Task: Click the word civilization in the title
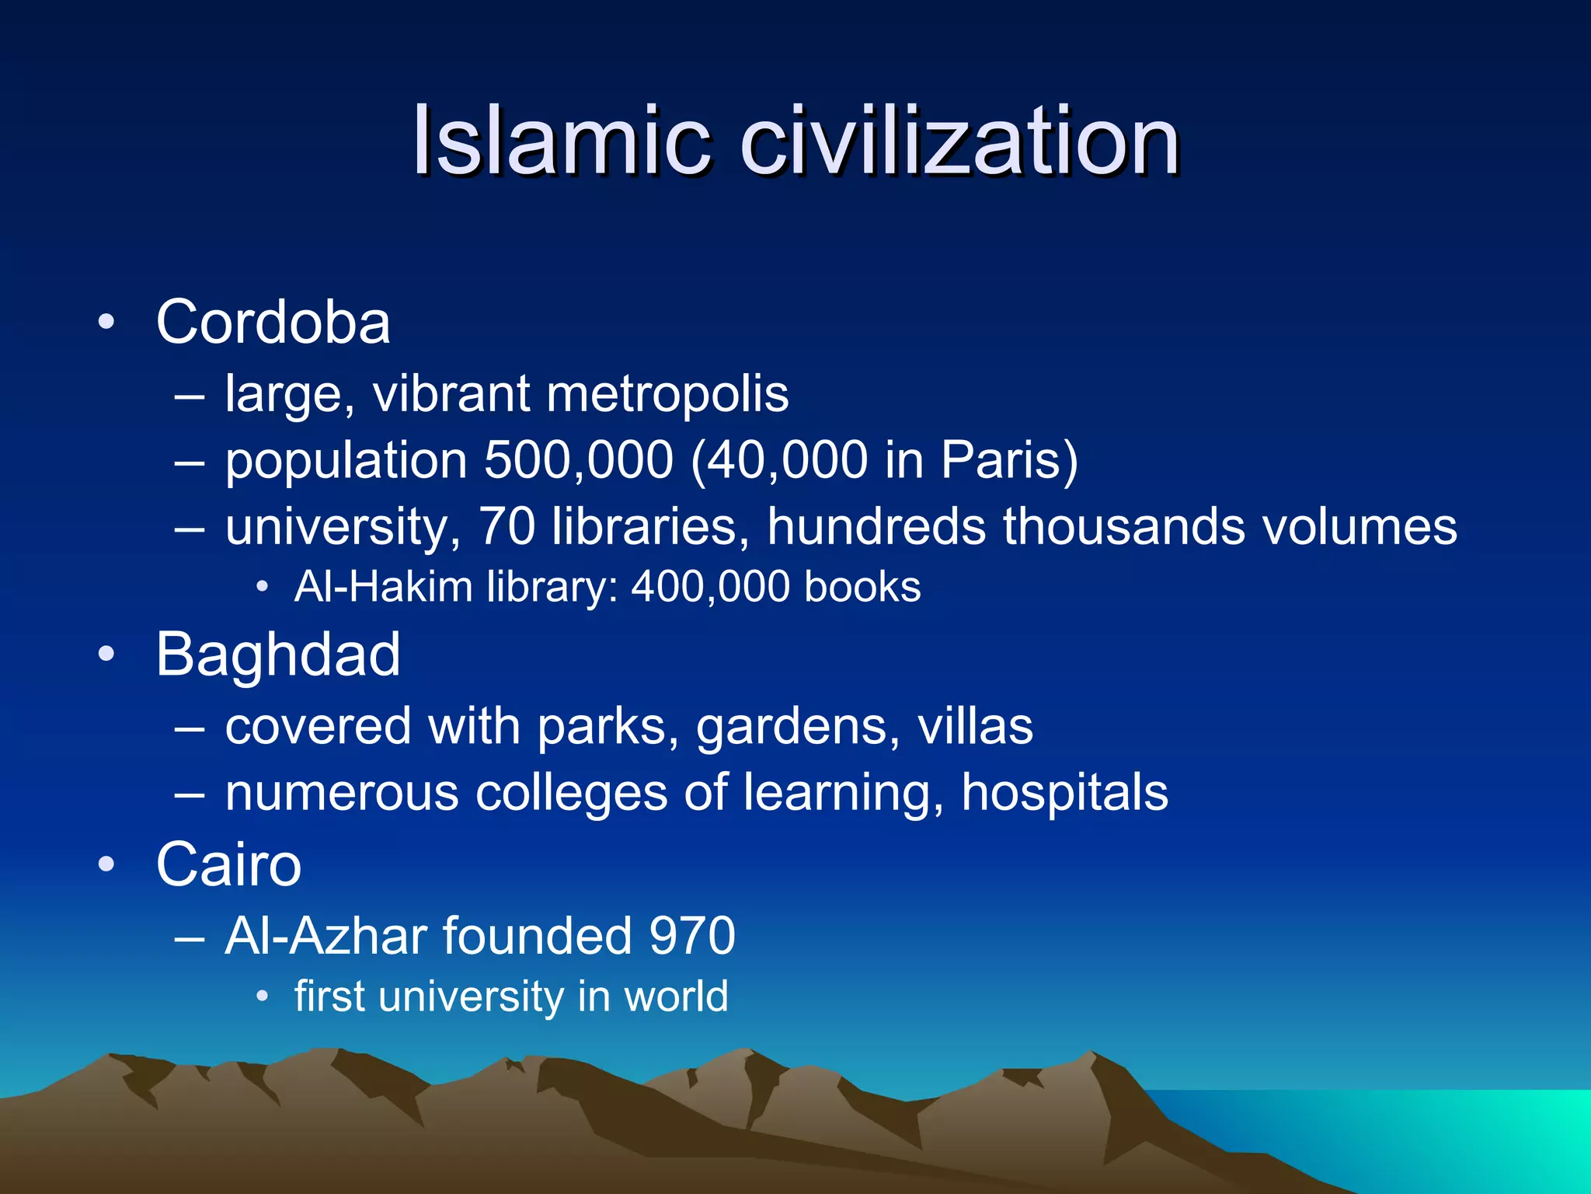(960, 141)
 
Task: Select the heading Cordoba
(273, 322)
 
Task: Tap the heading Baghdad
(278, 655)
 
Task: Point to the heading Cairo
(228, 864)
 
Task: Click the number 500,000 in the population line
(578, 460)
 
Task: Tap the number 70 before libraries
(507, 527)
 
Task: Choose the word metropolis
(667, 394)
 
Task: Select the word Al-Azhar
(326, 936)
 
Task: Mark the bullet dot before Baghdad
(106, 655)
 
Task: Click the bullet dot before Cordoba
(106, 322)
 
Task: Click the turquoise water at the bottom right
(1476, 1127)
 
